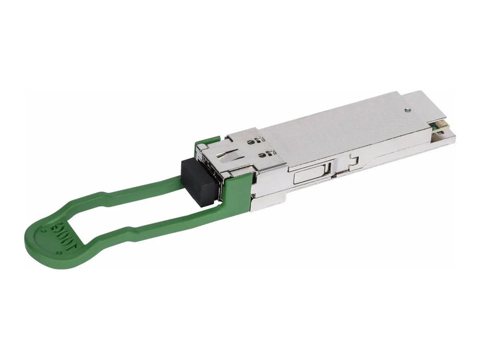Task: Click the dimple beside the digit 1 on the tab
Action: click(59, 253)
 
